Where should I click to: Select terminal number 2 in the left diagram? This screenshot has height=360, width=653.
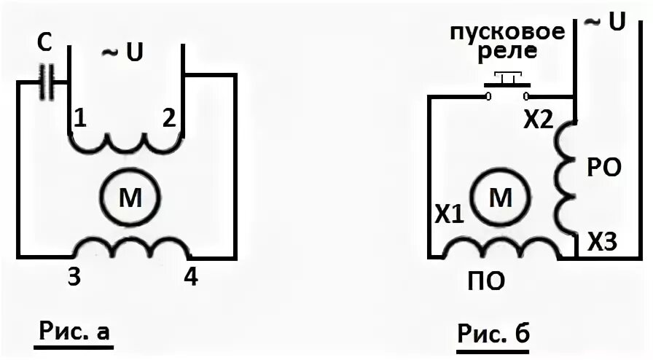coord(168,120)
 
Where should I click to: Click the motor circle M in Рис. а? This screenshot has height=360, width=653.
coord(130,198)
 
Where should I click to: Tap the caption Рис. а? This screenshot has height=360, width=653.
coord(74,332)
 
